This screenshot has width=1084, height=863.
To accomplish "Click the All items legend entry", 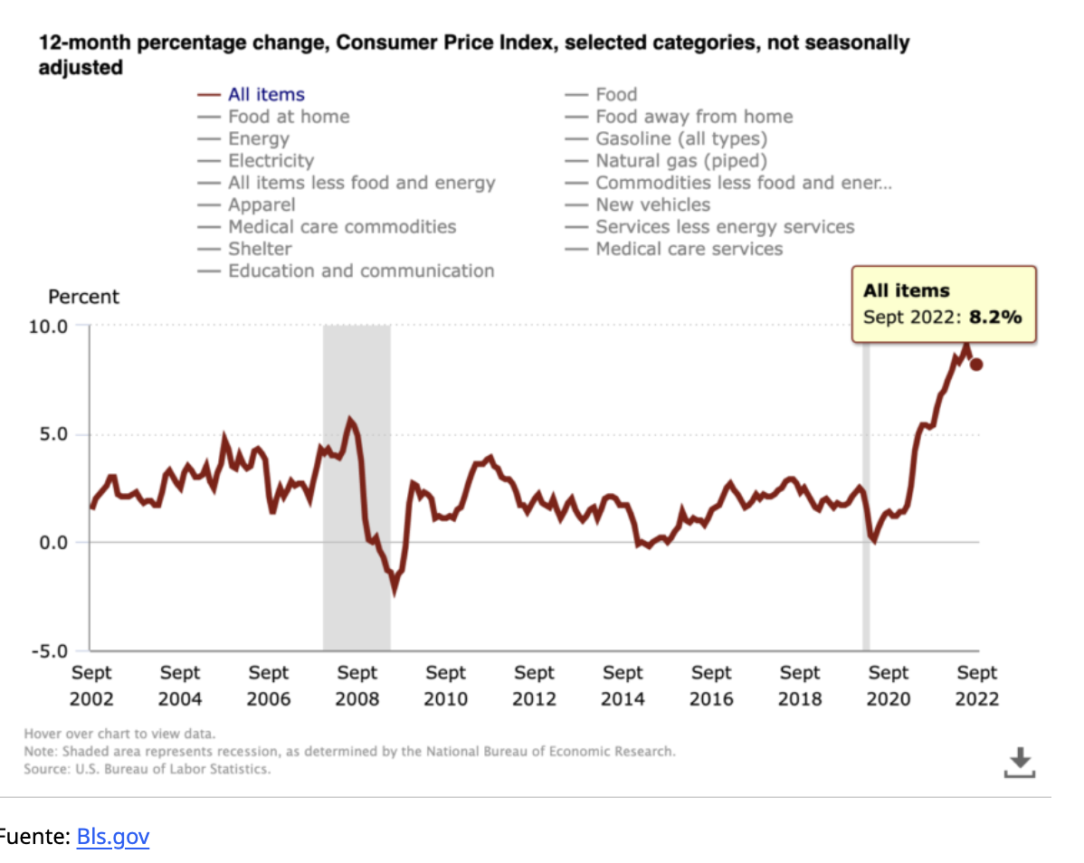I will pyautogui.click(x=266, y=94).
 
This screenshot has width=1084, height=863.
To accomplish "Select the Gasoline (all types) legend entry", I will pyautogui.click(x=680, y=138).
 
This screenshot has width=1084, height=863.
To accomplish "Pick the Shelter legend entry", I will pyautogui.click(x=260, y=249).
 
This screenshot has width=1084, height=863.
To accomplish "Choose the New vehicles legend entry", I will pyautogui.click(x=652, y=204).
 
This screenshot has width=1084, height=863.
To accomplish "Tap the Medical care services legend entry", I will pyautogui.click(x=689, y=249).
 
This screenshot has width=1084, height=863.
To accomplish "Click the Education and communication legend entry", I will pyautogui.click(x=361, y=270).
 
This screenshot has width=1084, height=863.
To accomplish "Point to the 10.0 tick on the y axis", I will pyautogui.click(x=50, y=326).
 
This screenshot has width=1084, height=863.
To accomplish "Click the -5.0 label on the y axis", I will pyautogui.click(x=50, y=651).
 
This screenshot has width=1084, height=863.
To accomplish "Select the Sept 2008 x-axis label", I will pyautogui.click(x=357, y=686).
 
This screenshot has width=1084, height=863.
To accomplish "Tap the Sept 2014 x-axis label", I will pyautogui.click(x=623, y=686).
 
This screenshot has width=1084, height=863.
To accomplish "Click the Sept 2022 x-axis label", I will pyautogui.click(x=977, y=686).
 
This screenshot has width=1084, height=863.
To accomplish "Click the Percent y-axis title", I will pyautogui.click(x=83, y=297).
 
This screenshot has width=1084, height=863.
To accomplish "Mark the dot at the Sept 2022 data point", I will pyautogui.click(x=976, y=365).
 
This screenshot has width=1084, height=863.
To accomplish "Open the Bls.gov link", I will pyautogui.click(x=113, y=837).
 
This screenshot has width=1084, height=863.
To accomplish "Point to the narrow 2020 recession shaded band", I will pyautogui.click(x=866, y=488).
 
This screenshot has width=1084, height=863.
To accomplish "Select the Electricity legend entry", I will pyautogui.click(x=271, y=161).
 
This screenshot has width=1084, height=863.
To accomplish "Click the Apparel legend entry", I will pyautogui.click(x=261, y=204).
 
